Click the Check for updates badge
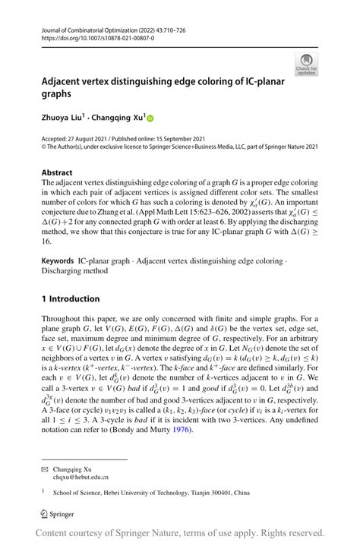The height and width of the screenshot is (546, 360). (x=306, y=64)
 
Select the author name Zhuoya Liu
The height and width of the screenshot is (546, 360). (x=64, y=118)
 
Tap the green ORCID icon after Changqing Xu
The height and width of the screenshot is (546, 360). (x=150, y=118)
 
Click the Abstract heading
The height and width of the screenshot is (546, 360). (x=58, y=172)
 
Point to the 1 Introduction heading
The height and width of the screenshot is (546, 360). (x=71, y=298)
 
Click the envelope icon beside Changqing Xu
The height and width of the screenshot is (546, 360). (x=45, y=469)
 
